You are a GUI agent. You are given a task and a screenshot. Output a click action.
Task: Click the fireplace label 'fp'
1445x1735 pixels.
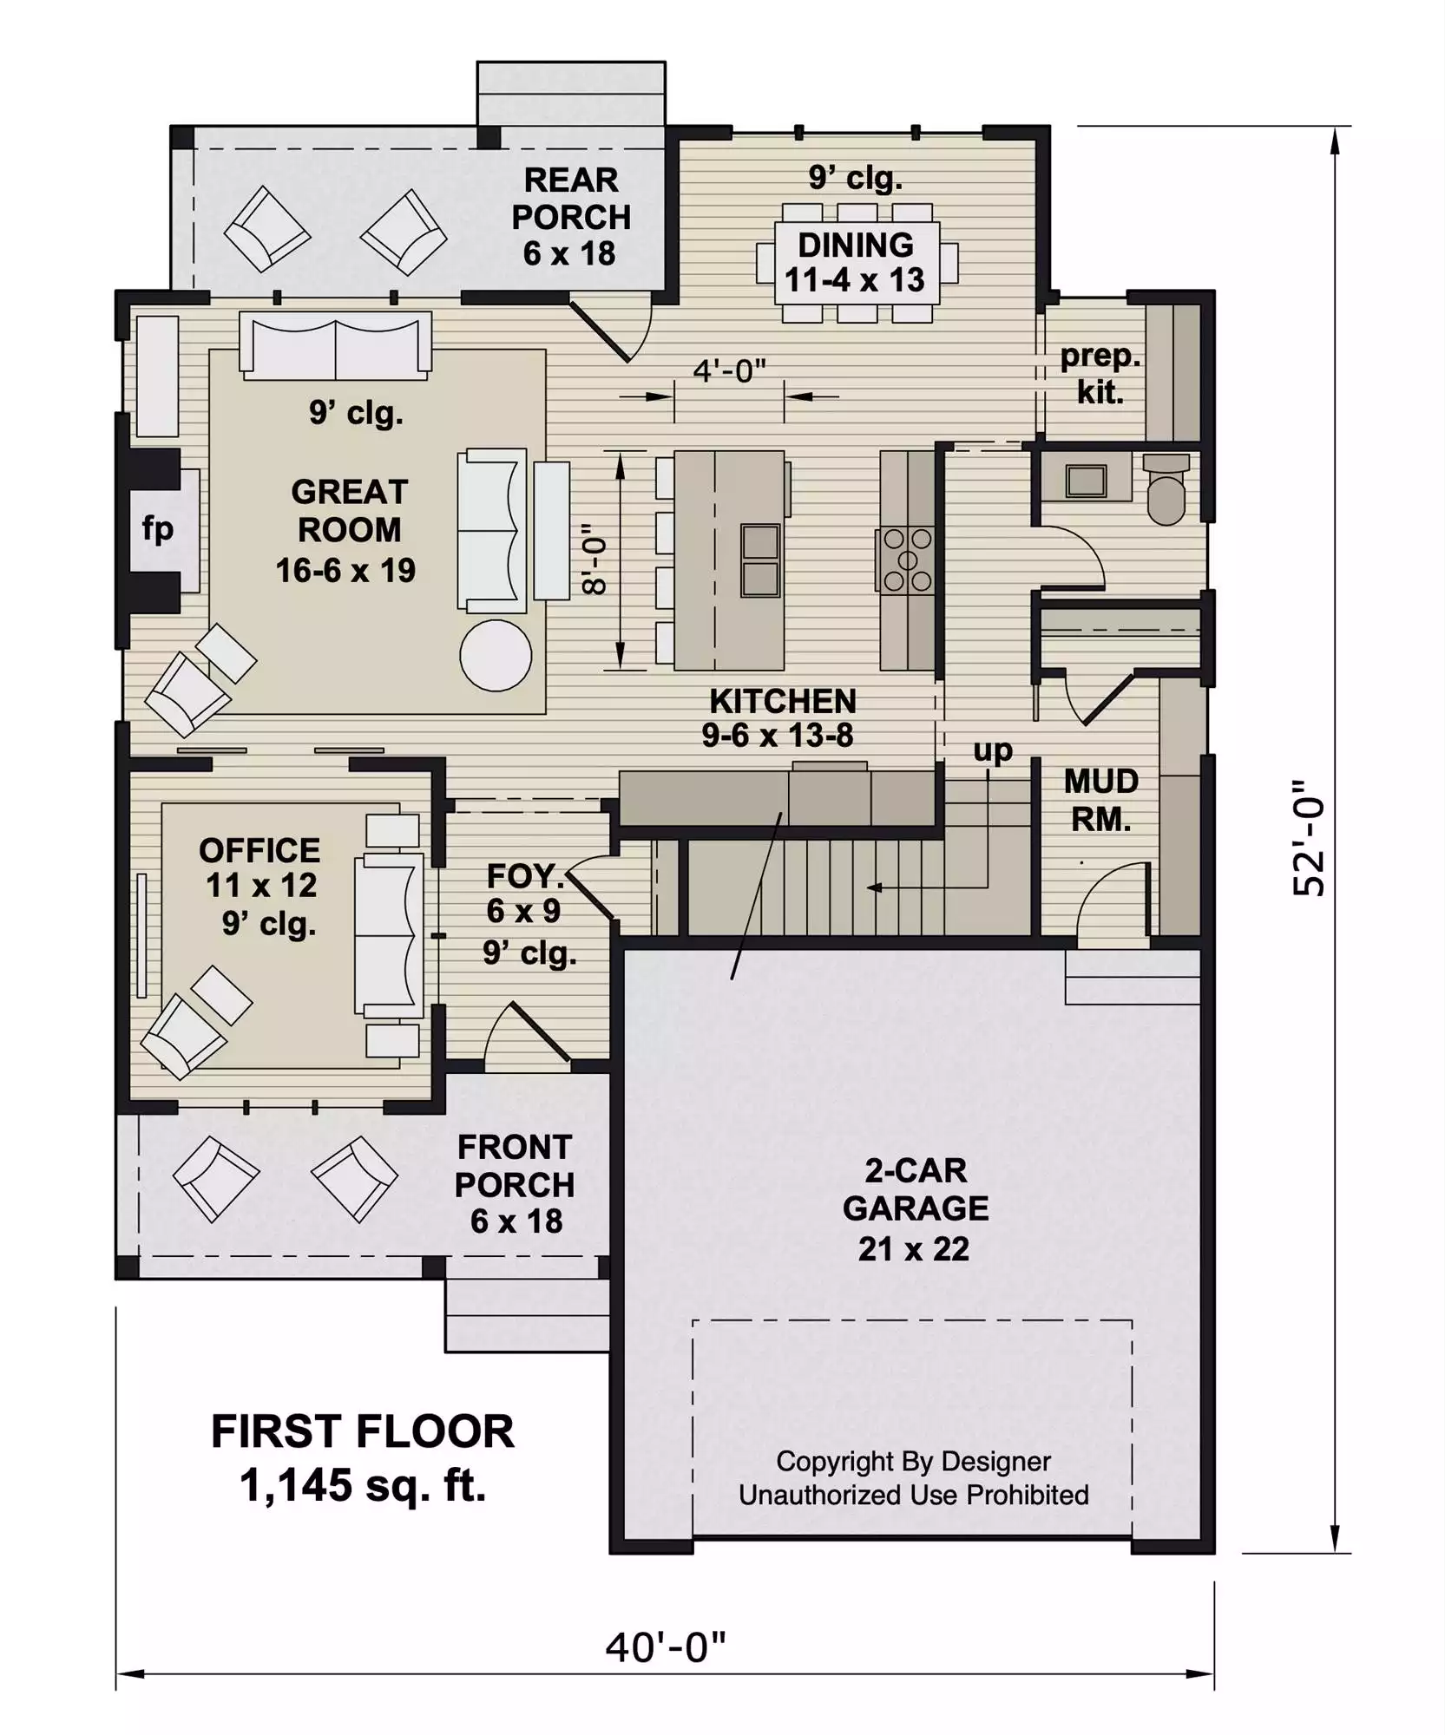tap(158, 529)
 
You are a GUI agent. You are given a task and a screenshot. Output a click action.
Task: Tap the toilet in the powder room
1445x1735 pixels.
tap(1166, 488)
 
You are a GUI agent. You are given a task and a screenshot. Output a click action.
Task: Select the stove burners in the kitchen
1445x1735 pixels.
tap(907, 560)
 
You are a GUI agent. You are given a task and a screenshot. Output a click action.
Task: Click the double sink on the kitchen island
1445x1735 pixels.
tap(760, 560)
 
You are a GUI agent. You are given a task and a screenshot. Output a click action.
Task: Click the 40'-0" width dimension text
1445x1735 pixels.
tap(665, 1647)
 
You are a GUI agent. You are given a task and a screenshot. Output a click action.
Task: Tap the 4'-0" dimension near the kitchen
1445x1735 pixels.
tap(729, 371)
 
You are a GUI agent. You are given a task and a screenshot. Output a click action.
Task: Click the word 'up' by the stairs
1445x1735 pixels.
tap(993, 750)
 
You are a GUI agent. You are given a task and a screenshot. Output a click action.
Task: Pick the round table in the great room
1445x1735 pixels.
tap(496, 655)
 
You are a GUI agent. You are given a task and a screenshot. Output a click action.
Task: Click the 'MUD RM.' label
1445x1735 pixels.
tap(1101, 800)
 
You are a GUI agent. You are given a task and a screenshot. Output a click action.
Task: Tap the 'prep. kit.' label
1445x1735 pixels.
tap(1100, 374)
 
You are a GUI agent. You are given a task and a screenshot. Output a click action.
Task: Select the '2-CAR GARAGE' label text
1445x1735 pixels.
tap(916, 1188)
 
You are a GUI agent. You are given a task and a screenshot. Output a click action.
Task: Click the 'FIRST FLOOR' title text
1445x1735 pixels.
tap(363, 1431)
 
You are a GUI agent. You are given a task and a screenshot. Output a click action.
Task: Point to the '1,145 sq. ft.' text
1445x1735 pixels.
tap(363, 1485)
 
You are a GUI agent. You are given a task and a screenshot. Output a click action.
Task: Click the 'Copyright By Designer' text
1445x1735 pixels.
tap(913, 1462)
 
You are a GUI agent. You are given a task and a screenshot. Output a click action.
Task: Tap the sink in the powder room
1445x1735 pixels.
tap(1087, 480)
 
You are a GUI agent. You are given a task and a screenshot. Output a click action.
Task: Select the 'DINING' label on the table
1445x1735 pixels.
tap(856, 246)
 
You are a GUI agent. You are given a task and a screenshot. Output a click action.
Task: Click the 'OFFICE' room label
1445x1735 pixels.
tap(259, 850)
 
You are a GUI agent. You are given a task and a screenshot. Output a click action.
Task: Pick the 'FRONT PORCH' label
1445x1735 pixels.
tap(515, 1166)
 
